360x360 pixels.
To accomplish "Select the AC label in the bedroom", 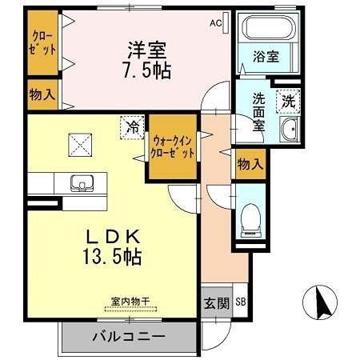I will (x=215, y=23).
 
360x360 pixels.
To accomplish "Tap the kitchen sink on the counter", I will (x=80, y=183).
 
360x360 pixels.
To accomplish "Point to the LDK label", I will (x=114, y=237).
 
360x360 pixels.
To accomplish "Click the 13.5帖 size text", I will (x=114, y=257).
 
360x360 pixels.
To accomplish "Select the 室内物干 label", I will (x=130, y=302).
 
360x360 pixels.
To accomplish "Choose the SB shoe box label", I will (x=241, y=302).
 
